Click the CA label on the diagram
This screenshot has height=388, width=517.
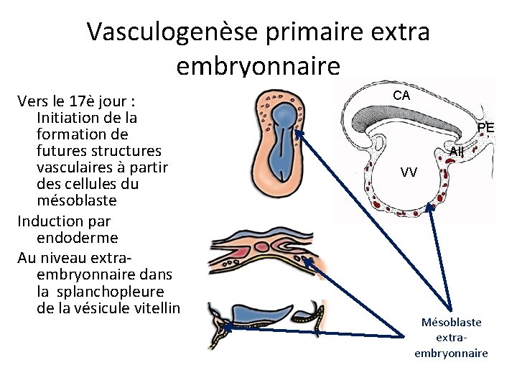[x=401, y=96]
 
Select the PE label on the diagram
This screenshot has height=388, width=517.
[x=486, y=128]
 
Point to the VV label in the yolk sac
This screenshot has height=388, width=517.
[x=409, y=172]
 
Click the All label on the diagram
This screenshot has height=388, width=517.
[x=457, y=152]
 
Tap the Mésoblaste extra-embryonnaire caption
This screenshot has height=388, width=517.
[x=451, y=338]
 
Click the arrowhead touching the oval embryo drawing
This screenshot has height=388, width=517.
[x=299, y=133]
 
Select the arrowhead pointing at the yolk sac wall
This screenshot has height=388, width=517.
[x=431, y=207]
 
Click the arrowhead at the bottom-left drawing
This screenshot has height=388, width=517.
[x=224, y=328]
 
